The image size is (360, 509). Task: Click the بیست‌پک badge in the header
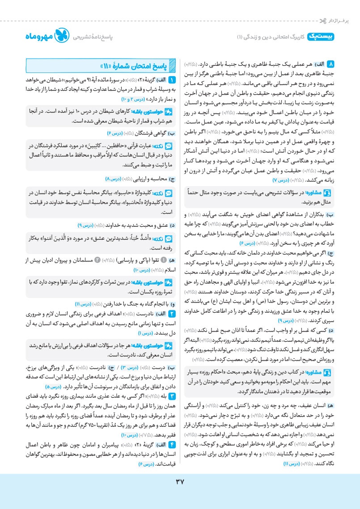(x=321, y=37)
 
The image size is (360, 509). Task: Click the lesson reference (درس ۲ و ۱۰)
(x=130, y=98)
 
